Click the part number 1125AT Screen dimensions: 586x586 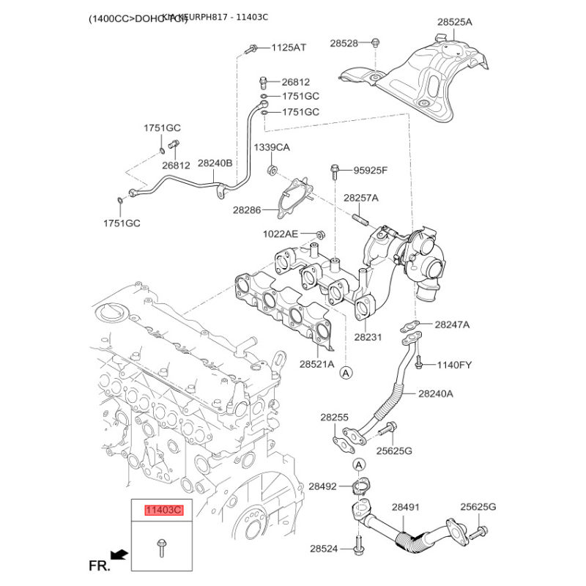pyautogui.click(x=289, y=48)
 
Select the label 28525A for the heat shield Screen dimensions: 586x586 pyautogui.click(x=455, y=23)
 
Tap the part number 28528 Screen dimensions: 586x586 pyautogui.click(x=344, y=44)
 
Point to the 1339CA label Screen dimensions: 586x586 pyautogui.click(x=272, y=147)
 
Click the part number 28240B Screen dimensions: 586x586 pyautogui.click(x=215, y=164)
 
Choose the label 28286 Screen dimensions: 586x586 pyautogui.click(x=247, y=209)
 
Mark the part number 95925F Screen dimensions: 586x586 pyautogui.click(x=371, y=171)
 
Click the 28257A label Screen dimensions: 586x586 pyautogui.click(x=361, y=198)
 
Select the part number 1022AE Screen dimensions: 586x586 pyautogui.click(x=281, y=234)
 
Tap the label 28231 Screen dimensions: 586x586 pyautogui.click(x=368, y=338)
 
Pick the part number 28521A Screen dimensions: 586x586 pyautogui.click(x=316, y=363)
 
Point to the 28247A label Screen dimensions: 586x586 pyautogui.click(x=452, y=324)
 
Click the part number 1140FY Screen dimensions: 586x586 pyautogui.click(x=456, y=364)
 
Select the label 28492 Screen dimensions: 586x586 pyautogui.click(x=322, y=486)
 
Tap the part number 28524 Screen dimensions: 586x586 pyautogui.click(x=324, y=548)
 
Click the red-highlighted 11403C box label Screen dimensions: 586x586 pyautogui.click(x=163, y=511)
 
